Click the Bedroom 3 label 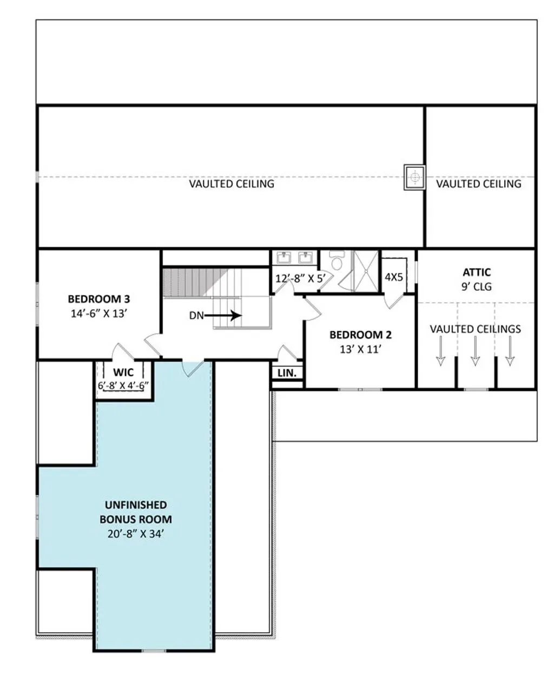(99, 299)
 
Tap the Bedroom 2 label (360, 335)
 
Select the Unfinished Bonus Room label (136, 512)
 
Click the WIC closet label (123, 372)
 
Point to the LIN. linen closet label (287, 372)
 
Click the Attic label (477, 272)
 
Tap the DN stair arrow (222, 316)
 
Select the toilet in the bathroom (337, 260)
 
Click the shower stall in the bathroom (366, 271)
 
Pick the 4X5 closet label (394, 277)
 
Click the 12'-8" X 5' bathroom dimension (300, 279)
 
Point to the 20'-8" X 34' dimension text (136, 534)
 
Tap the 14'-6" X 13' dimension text (99, 313)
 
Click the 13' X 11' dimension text (360, 349)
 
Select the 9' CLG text (477, 287)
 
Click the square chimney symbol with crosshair (415, 178)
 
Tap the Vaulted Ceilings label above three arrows (476, 329)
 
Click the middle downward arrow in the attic (475, 351)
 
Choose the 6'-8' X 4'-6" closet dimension (123, 386)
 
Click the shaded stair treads (195, 283)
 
